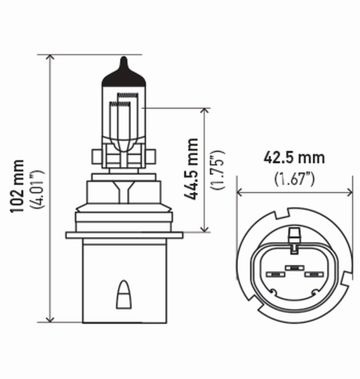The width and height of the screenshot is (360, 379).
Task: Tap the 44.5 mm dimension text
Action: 192,169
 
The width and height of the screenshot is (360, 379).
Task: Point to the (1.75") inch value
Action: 219,169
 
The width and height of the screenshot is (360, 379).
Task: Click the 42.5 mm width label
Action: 294,158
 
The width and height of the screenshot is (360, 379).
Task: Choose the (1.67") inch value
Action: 294,179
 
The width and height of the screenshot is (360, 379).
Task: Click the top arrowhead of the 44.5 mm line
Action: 205,111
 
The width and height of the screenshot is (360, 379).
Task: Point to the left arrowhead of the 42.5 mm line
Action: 240,192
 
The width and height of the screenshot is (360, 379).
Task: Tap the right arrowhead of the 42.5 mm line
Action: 350,192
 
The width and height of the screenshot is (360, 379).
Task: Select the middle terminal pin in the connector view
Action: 294,268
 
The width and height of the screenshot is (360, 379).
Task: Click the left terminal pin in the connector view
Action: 273,274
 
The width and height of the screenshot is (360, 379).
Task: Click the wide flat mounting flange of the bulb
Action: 124,235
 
